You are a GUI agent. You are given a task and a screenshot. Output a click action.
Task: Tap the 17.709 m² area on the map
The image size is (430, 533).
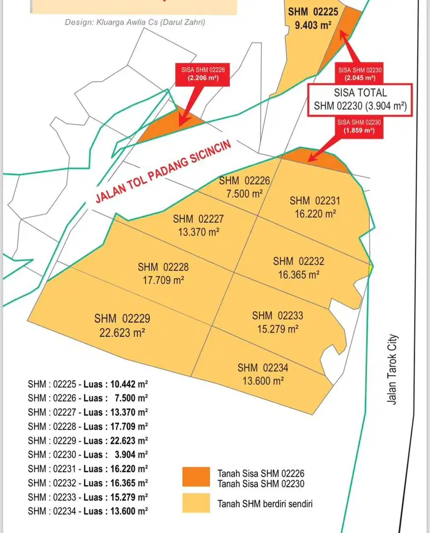coord(163,279)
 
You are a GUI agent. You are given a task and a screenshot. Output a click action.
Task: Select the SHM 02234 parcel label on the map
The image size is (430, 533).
coord(263,368)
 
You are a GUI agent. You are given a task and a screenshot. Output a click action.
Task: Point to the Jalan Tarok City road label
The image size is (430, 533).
coord(393,369)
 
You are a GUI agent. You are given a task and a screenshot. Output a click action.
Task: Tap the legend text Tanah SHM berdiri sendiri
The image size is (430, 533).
coord(264,503)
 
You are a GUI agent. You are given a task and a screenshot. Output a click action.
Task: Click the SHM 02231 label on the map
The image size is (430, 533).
coord(315,201)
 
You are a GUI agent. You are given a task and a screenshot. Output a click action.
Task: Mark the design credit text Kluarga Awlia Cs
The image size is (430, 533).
coord(135,22)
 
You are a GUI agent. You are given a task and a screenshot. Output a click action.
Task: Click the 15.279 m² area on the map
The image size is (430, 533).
coord(278,328)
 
